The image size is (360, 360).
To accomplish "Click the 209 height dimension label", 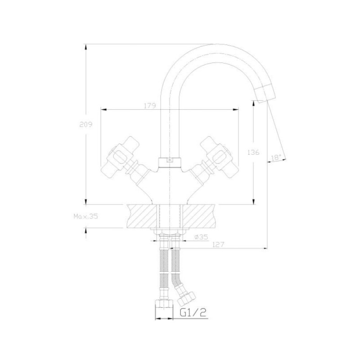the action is pos(86,125).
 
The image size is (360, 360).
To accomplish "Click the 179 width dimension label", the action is pos(150,106).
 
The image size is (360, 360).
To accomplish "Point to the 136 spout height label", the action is pos(253,152).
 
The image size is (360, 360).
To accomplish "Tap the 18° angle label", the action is pos(276,157).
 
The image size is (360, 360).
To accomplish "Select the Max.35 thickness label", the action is pos(86,216).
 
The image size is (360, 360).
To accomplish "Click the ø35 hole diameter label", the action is pos(201,237).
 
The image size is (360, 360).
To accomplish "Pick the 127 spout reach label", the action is pos(218,244).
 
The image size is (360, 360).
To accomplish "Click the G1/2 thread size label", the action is pos(193,312).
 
